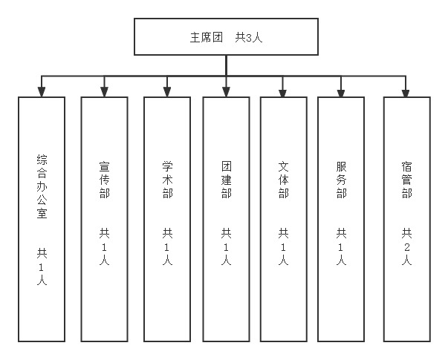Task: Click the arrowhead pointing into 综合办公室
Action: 42,91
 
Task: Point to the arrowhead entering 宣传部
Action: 104,91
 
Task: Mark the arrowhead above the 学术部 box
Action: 167,91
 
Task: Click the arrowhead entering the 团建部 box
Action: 226,91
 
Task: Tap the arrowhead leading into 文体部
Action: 283,91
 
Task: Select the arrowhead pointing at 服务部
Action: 341,91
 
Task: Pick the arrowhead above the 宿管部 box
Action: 406,91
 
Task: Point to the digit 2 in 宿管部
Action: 406,246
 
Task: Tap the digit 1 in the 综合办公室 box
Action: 42,266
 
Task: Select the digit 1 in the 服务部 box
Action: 341,246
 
